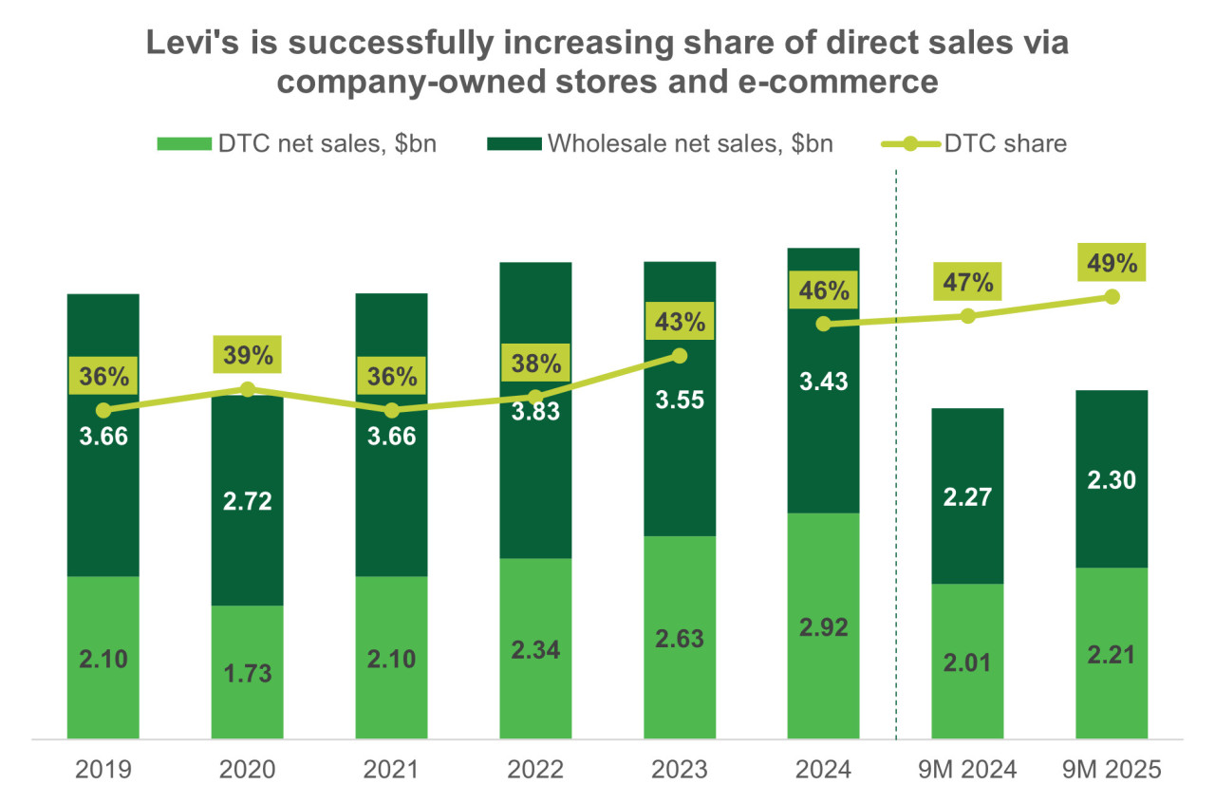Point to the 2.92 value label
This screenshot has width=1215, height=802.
823,627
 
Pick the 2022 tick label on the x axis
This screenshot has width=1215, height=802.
535,770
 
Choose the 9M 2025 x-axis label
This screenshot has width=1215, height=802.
1112,770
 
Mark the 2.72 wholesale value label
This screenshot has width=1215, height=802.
247,500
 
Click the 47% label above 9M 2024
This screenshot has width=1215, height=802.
967,282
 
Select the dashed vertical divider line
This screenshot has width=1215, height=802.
897,475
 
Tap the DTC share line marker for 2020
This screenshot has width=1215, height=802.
248,389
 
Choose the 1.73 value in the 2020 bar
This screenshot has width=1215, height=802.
247,674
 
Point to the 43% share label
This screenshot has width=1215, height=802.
680,321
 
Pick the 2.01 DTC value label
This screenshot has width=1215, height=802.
967,662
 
